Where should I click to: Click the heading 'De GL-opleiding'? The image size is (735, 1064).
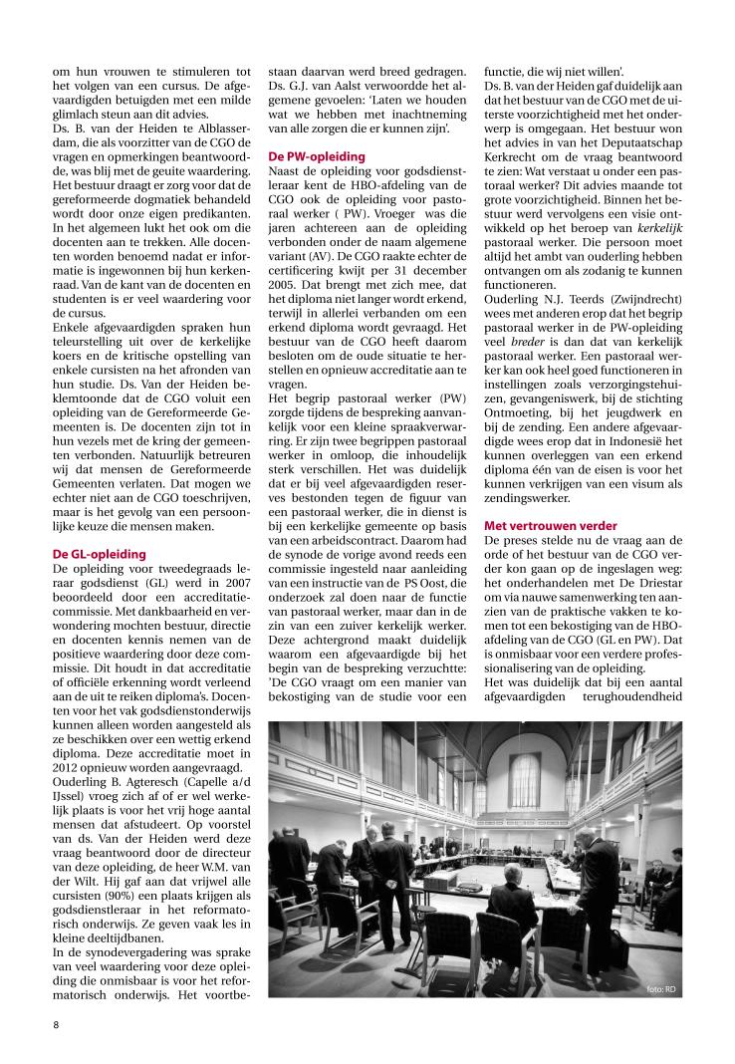coord(100,554)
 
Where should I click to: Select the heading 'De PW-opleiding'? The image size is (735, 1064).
coord(317,156)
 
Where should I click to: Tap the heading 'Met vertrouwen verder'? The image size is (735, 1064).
coord(550,525)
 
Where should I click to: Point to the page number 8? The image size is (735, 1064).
coord(57,1023)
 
